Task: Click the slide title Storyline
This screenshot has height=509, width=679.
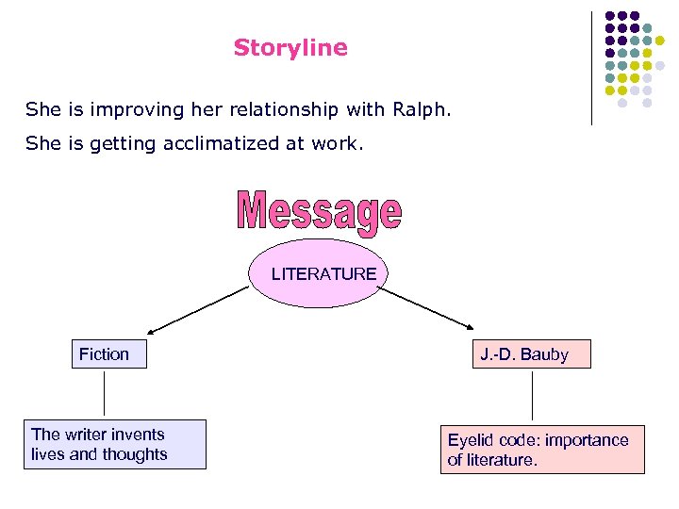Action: (x=290, y=48)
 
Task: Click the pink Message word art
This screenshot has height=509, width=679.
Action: (x=319, y=212)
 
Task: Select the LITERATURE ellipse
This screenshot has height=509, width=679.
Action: (x=323, y=274)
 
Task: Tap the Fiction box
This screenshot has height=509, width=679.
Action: (x=108, y=354)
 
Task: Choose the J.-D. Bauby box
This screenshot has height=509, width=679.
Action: (x=532, y=355)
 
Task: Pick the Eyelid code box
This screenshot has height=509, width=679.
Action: (x=542, y=450)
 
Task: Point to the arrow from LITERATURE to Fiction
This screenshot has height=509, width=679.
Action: (x=198, y=310)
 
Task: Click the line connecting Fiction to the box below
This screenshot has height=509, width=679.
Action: (x=104, y=393)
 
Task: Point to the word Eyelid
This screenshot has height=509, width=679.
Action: (x=472, y=440)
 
